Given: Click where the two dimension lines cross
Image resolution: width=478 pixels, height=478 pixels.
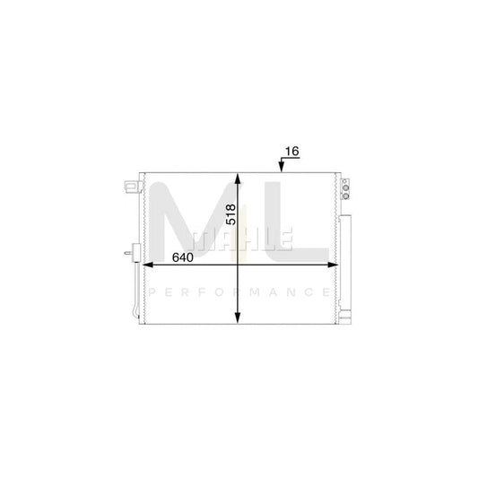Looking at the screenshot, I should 238,266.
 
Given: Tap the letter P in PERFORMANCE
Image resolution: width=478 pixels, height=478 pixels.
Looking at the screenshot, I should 151,292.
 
